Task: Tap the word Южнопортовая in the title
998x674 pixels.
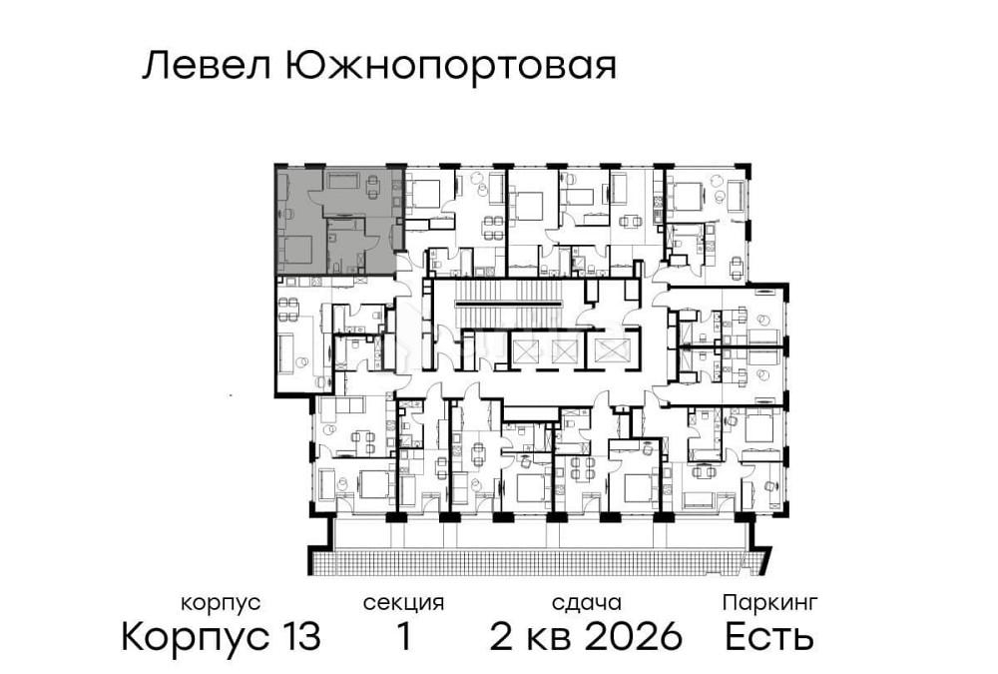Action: point(450,67)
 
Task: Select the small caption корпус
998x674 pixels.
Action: point(221,603)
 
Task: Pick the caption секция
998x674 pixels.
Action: point(403,603)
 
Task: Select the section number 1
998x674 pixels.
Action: point(403,636)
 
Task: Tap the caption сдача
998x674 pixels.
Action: point(586,603)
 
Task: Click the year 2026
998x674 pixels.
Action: point(633,636)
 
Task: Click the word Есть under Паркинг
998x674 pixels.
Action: point(769,636)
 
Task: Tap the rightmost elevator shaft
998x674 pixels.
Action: point(609,349)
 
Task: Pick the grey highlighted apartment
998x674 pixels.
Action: point(337,222)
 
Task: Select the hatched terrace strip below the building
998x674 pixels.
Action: point(539,561)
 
